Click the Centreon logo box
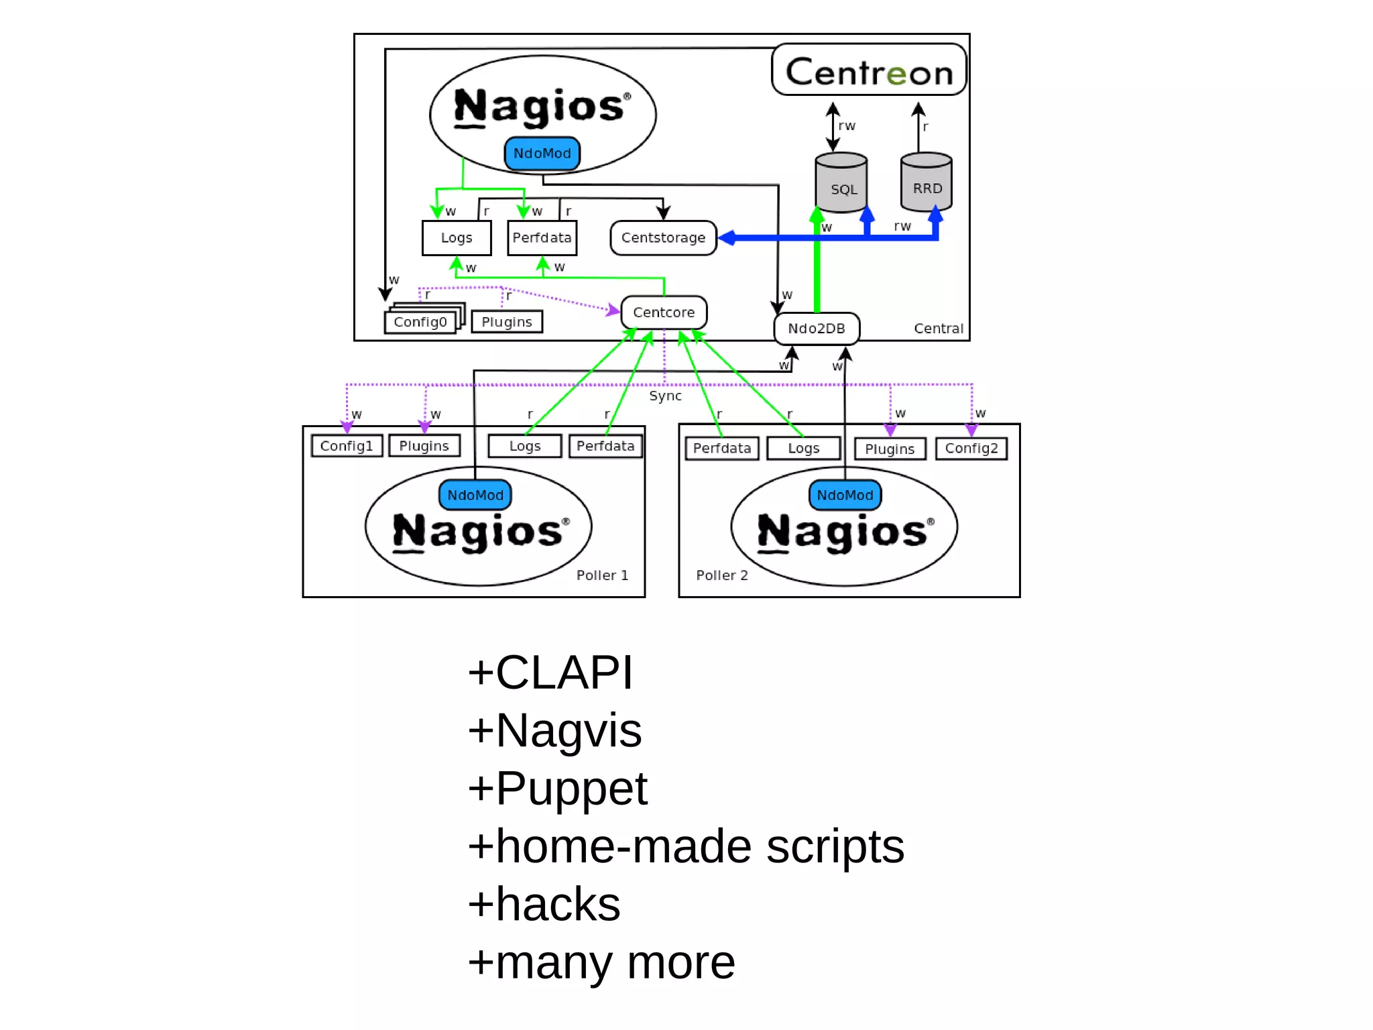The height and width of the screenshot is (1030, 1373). (869, 70)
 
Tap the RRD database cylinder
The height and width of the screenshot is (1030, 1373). (927, 184)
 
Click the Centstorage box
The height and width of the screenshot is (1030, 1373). (663, 238)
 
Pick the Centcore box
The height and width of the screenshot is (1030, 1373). (664, 312)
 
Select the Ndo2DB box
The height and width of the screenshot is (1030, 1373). (817, 329)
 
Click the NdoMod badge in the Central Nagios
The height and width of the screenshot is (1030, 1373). (542, 154)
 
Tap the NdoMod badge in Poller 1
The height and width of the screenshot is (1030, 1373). (475, 495)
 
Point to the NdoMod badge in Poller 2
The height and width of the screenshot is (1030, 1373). (845, 495)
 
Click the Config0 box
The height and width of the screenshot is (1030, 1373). (420, 323)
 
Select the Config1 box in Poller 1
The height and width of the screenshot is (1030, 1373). (347, 446)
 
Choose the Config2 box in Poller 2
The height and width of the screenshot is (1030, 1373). (971, 449)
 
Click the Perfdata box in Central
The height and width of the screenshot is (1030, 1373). (542, 238)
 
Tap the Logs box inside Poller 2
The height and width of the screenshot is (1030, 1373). (803, 449)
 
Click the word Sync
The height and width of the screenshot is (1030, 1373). (665, 396)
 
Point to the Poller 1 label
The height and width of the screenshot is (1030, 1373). (602, 575)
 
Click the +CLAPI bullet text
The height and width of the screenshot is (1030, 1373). (550, 672)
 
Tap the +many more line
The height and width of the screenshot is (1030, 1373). (601, 962)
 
